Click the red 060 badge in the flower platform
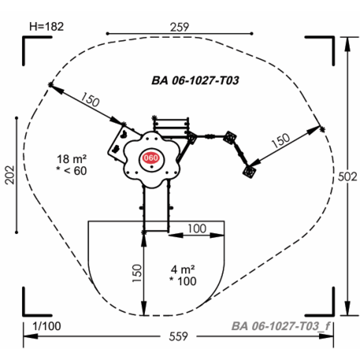pos(151,158)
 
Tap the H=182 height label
pos(46,27)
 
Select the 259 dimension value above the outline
pos(180,27)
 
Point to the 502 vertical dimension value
pos(347,176)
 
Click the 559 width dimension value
pos(178,336)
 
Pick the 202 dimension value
pos(10,175)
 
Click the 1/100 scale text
pos(46,326)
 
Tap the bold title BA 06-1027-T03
pos(195,80)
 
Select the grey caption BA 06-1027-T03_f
pos(281,326)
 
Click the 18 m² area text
pos(72,159)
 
